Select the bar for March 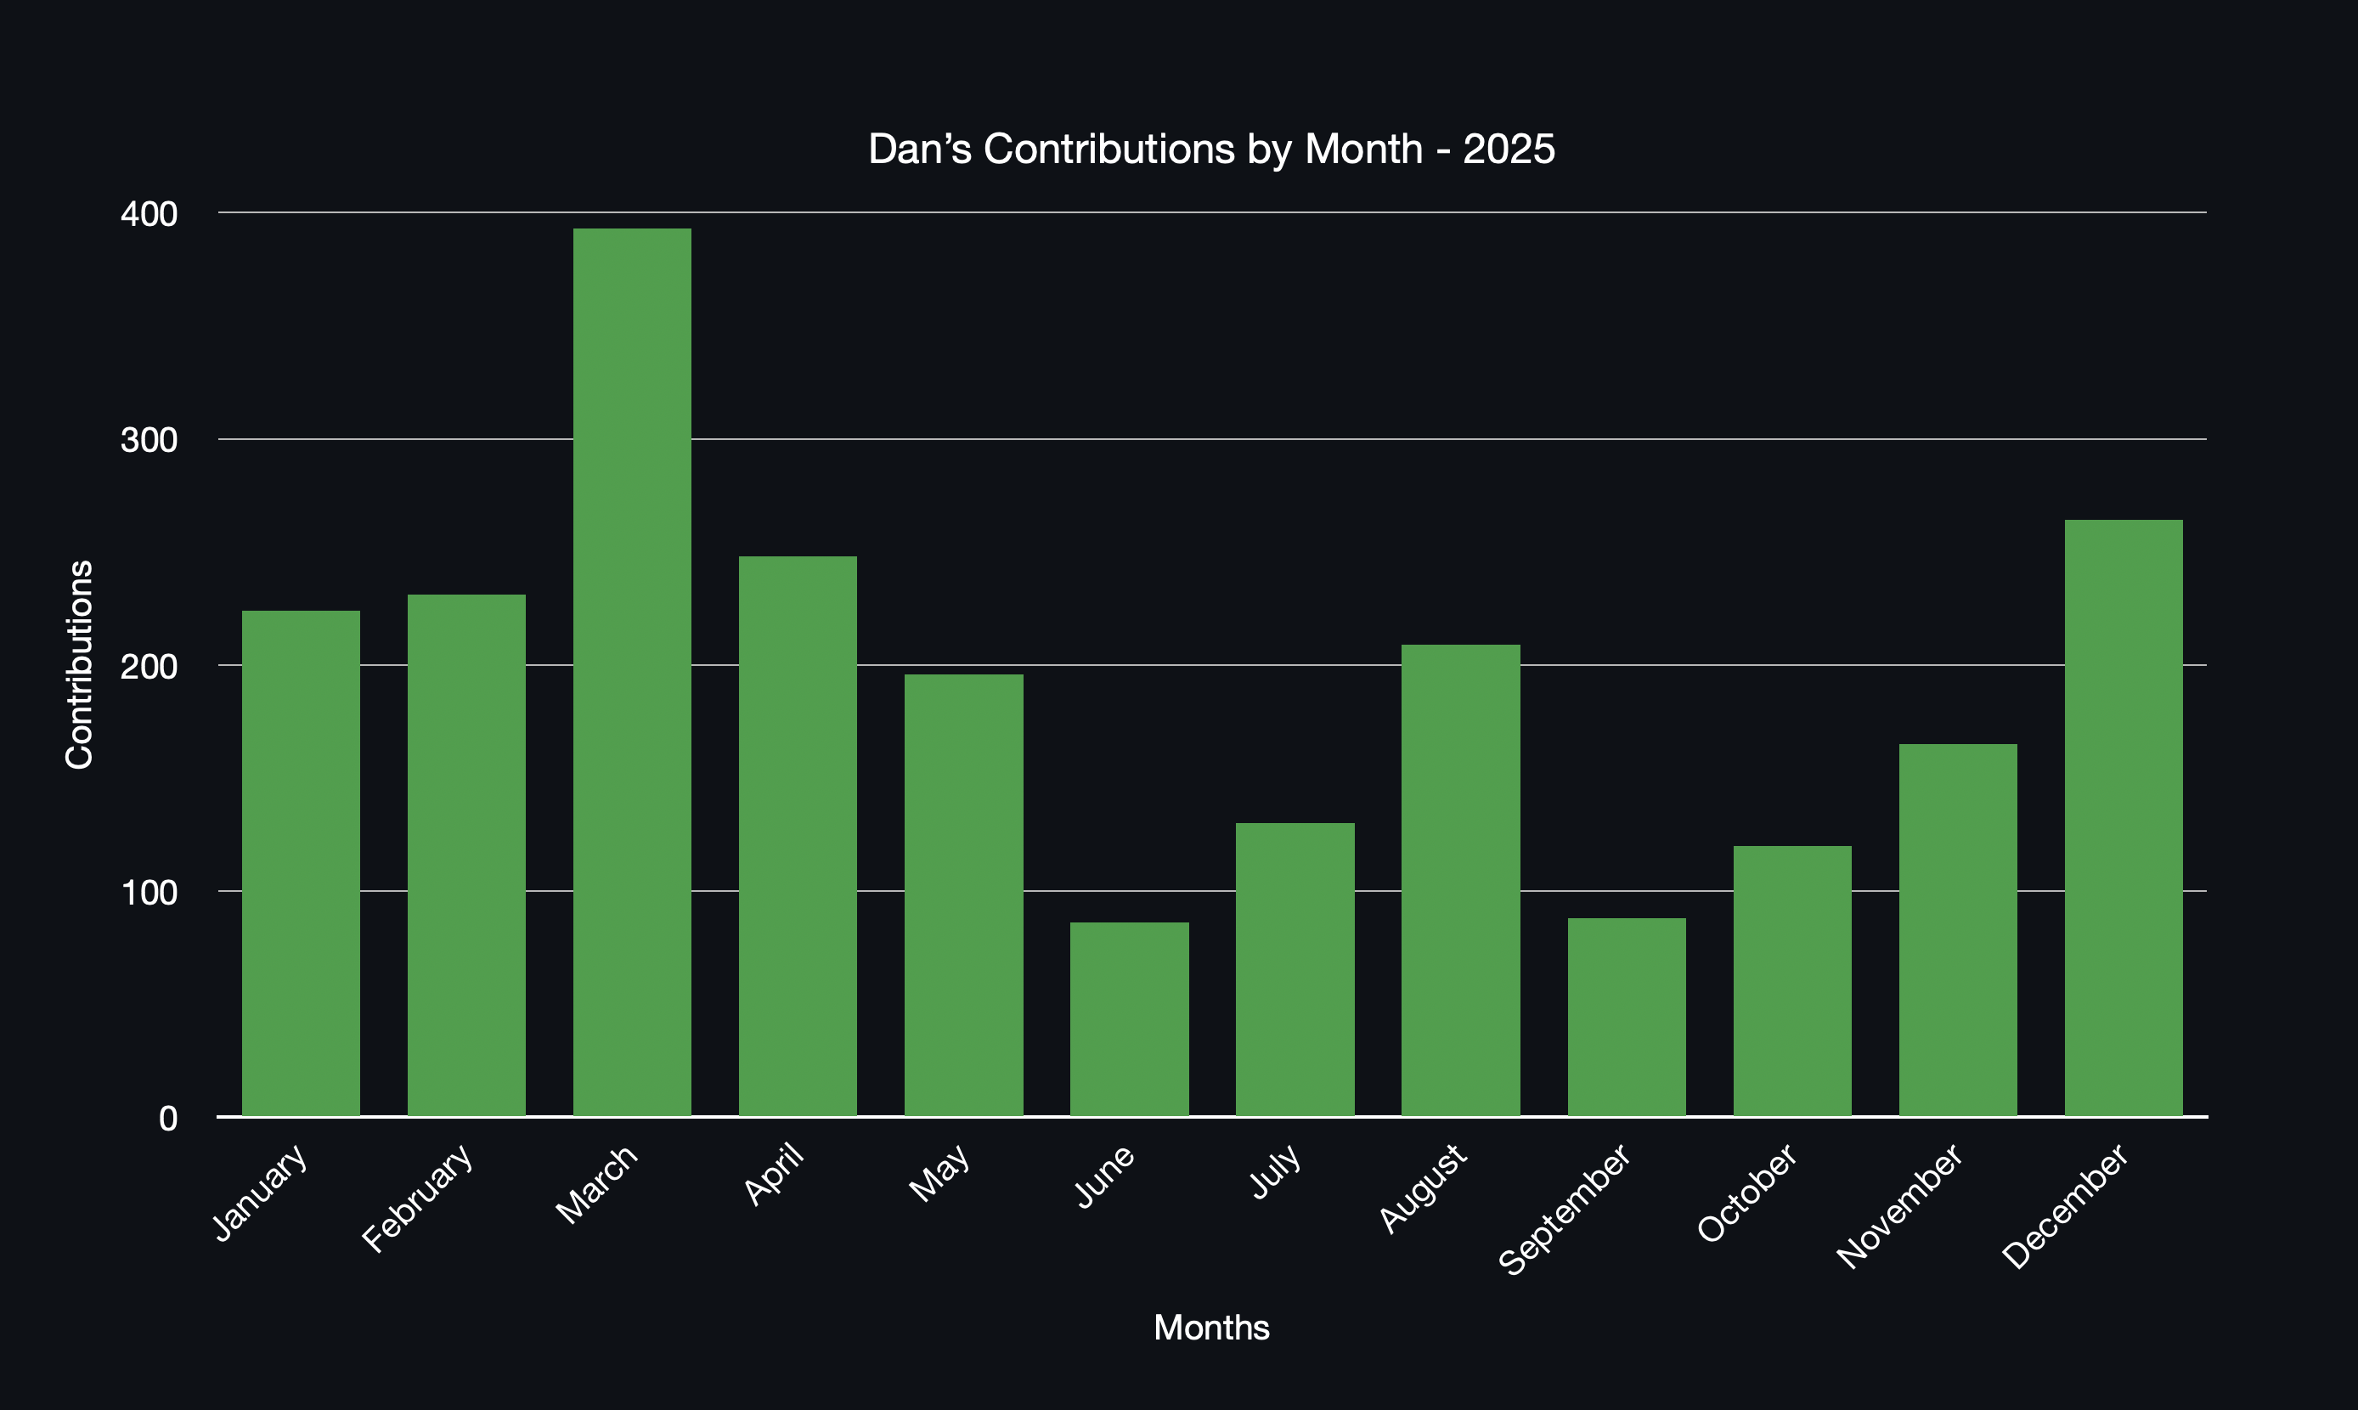(632, 673)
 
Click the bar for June (1129, 1018)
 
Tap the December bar (2124, 817)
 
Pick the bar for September (1627, 1017)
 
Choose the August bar (1460, 880)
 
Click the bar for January (302, 863)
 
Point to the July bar (1295, 969)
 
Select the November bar (1958, 929)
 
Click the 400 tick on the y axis (149, 214)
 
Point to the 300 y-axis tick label (149, 440)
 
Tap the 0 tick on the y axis (168, 1119)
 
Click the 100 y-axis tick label (149, 892)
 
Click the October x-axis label (1746, 1193)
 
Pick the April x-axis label (775, 1175)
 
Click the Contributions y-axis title (79, 664)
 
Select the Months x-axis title (1211, 1328)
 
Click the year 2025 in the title (1509, 149)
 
